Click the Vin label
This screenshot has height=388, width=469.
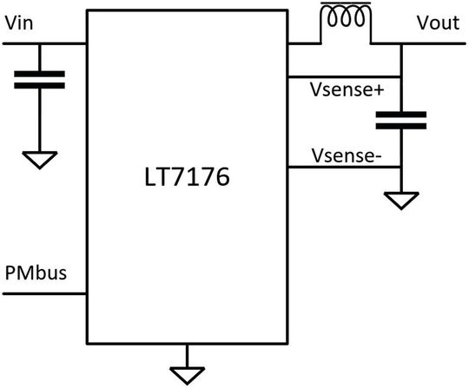[x=19, y=23]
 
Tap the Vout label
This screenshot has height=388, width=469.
[x=438, y=23]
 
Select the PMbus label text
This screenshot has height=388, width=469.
[x=36, y=273]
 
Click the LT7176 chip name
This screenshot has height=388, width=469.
[x=187, y=177]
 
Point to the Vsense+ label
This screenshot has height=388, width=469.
[x=347, y=89]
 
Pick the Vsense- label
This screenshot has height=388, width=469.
[x=347, y=155]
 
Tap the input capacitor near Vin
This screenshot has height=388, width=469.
[x=39, y=80]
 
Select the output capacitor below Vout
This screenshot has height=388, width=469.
[x=401, y=121]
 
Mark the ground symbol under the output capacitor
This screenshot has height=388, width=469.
[x=401, y=201]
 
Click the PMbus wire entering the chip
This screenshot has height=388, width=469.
[x=44, y=294]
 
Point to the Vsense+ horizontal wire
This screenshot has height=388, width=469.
[x=344, y=77]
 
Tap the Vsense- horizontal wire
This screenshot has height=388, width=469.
[x=344, y=167]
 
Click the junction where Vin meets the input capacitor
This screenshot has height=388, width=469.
[x=39, y=43]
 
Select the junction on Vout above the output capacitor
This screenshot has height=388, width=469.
[x=401, y=43]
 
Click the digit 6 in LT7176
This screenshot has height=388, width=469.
[x=221, y=177]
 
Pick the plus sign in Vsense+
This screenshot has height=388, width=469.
[x=378, y=90]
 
